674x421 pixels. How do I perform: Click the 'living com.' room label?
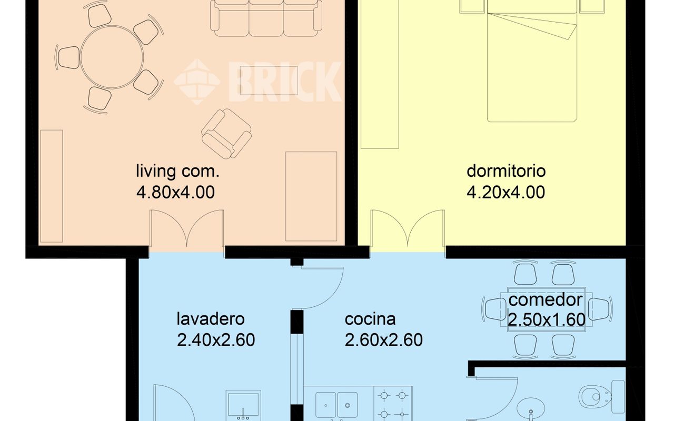point(178,171)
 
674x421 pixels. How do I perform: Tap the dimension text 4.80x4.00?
point(176,192)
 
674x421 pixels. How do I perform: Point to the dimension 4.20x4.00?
point(506,192)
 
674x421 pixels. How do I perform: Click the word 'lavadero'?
point(211,319)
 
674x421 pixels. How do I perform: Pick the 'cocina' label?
point(370,319)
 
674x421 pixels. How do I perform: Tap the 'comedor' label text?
point(546,300)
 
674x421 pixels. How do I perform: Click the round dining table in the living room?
point(112,57)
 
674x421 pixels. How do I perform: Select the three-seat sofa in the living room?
point(266,18)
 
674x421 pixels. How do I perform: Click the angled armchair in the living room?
point(226,134)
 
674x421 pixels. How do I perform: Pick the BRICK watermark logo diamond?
point(197,82)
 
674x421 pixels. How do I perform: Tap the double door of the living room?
point(186,230)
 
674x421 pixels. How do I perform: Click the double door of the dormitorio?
point(408,230)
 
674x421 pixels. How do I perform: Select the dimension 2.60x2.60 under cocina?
point(384,340)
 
